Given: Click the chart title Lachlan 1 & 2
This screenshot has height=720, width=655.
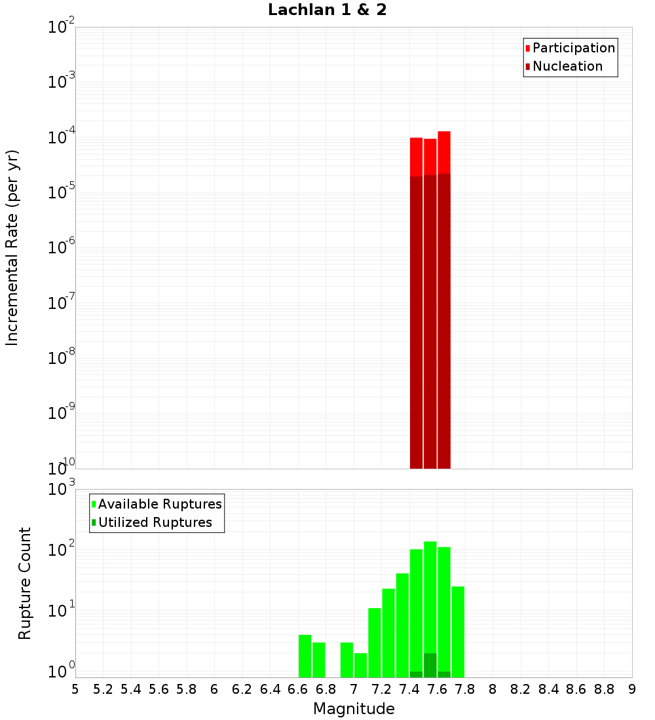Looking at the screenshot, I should tap(327, 10).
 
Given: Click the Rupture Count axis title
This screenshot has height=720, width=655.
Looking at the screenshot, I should tap(24, 583).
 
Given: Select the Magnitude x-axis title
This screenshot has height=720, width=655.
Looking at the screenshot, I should tap(354, 708).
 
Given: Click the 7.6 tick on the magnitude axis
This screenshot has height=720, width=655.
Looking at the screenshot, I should tap(438, 689).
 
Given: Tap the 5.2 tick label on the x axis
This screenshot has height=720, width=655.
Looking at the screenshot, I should tap(103, 689).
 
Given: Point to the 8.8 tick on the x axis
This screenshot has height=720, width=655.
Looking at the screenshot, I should tap(605, 689).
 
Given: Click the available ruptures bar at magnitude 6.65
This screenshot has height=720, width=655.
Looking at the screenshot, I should tap(305, 656).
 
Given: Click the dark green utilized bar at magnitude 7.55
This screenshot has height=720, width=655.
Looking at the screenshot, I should tap(430, 665).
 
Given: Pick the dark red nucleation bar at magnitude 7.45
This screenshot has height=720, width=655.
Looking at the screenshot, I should tap(416, 321).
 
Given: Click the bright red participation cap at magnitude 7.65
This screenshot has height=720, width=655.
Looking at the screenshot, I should tap(444, 152).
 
